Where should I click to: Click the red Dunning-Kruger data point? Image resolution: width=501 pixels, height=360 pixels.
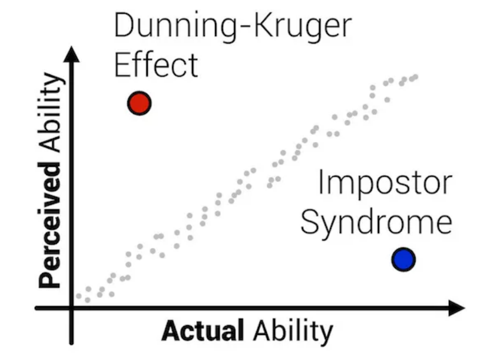(139, 103)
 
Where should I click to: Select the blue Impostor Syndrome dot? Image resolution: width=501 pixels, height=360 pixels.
(403, 259)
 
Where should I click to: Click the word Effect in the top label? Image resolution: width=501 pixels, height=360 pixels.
(156, 64)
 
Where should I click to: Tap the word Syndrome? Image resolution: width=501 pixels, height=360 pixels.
(376, 223)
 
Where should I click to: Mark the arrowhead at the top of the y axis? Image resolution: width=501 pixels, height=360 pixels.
(71, 54)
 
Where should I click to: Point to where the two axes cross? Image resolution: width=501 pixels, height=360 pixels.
(71, 308)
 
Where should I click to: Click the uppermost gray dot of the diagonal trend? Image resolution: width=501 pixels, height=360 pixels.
(415, 77)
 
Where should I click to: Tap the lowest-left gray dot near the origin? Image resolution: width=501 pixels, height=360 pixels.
(78, 296)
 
